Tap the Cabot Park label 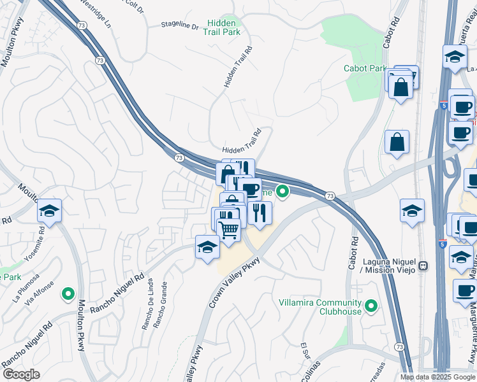[x=365, y=68]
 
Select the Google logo [x=21, y=374]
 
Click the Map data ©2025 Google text [x=438, y=377]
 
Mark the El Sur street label [x=305, y=351]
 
